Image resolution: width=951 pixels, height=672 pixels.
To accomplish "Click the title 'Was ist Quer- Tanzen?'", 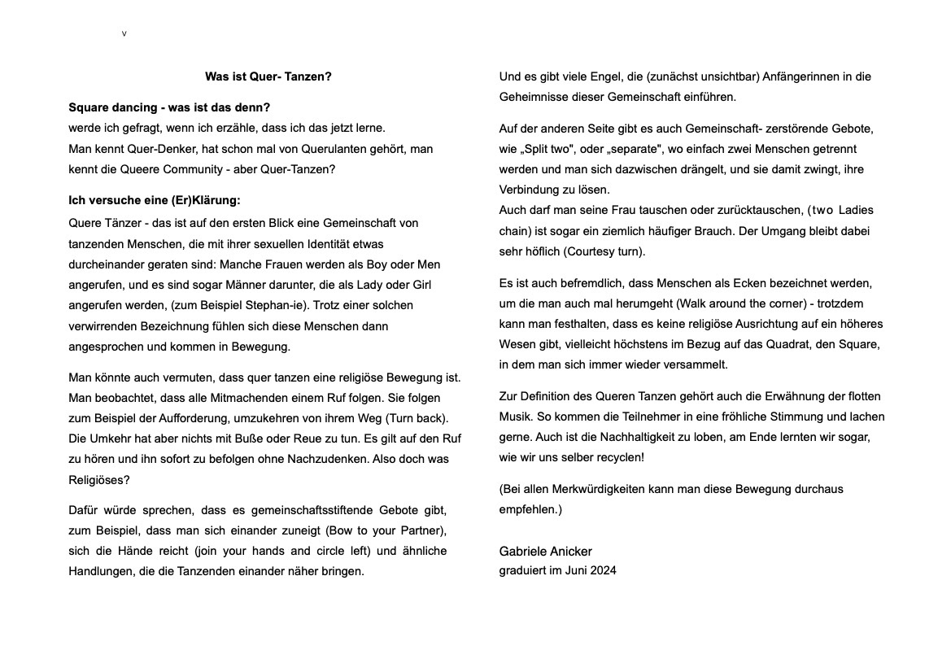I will [268, 76].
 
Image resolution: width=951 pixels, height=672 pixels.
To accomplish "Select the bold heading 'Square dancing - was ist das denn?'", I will [169, 107].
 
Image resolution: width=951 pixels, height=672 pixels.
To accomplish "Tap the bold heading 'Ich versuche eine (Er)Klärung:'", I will [155, 200].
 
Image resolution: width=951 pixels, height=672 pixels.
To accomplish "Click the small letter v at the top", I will [124, 34].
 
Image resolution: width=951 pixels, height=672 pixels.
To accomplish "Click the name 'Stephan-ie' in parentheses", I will [279, 305].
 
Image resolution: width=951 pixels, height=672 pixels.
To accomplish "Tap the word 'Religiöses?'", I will [99, 480].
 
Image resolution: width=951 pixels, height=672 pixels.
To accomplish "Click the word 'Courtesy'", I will [591, 251].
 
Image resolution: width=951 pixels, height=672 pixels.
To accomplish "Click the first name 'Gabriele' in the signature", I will [522, 552].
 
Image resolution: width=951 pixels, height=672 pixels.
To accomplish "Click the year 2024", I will [603, 570].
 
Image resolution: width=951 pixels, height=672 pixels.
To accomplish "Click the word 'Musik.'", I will [515, 417].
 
